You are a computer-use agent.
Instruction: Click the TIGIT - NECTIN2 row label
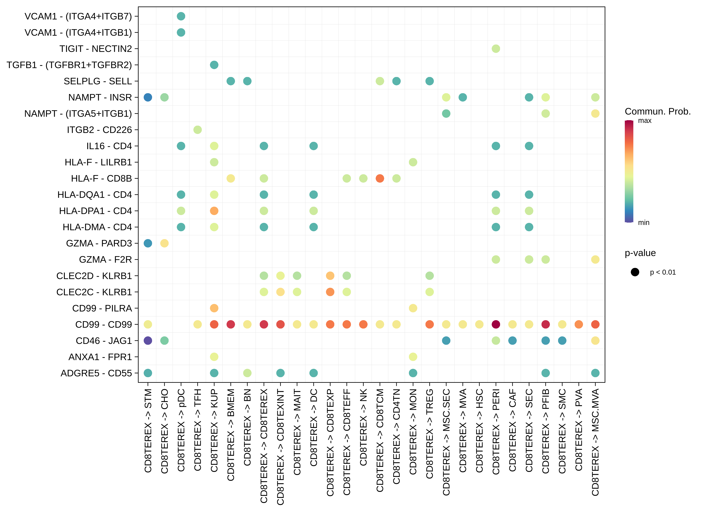point(96,49)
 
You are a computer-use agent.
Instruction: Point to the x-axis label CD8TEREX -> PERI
point(496,432)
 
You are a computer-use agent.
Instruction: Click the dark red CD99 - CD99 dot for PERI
point(496,324)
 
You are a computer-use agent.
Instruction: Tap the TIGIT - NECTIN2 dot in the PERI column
point(496,49)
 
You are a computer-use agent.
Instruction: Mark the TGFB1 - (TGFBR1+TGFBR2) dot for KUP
point(214,65)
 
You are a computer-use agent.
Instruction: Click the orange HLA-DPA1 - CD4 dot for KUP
point(214,211)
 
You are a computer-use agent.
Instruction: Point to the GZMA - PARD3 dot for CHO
point(165,243)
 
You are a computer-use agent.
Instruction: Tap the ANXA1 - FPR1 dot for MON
point(413,357)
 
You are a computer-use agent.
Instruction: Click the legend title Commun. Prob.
point(657,111)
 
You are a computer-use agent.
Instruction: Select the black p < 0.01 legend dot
point(635,272)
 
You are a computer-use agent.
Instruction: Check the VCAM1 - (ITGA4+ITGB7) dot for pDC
point(181,16)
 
